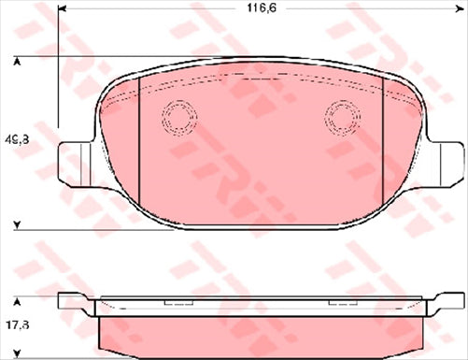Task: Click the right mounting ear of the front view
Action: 445,156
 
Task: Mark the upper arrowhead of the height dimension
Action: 17,62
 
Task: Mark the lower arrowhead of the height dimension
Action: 17,224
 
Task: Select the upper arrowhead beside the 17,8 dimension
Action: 17,301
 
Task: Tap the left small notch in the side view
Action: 175,304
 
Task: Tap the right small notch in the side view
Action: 340,304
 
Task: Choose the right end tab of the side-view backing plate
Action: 447,301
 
